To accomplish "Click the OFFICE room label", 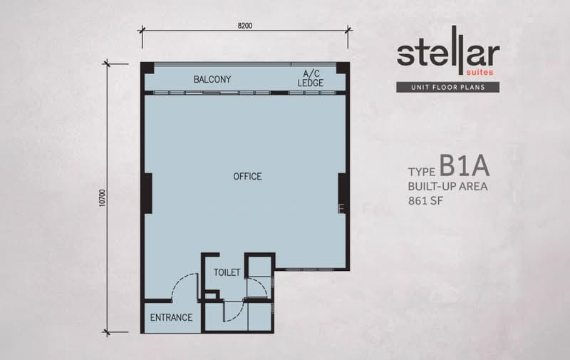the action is point(247,176).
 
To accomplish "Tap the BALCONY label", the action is point(212,79).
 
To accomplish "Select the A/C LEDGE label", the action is point(311,78).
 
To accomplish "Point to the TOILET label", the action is point(227,272).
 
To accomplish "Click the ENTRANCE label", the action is point(171,317).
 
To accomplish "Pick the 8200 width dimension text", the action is point(245,26).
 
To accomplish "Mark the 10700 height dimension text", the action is point(102,197).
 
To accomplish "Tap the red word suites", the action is point(480,72).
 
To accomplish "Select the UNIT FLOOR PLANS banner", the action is point(448,87).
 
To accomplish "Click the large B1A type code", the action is point(465,165).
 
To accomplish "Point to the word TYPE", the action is point(422,172).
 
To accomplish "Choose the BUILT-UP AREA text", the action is point(448,187).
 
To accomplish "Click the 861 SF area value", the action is point(425,201).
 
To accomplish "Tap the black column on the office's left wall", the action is point(148,193).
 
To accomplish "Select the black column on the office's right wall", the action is point(342,193).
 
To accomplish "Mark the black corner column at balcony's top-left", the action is point(147,68).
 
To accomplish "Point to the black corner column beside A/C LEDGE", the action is point(343,68).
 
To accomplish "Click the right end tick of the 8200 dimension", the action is point(348,30).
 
